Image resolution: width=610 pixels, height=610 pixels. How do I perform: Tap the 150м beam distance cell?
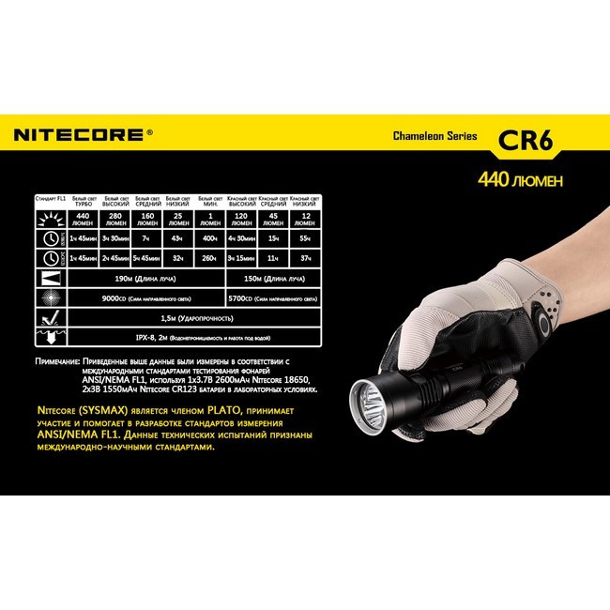pyautogui.click(x=272, y=278)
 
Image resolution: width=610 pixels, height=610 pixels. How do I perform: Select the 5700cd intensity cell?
pyautogui.click(x=272, y=298)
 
